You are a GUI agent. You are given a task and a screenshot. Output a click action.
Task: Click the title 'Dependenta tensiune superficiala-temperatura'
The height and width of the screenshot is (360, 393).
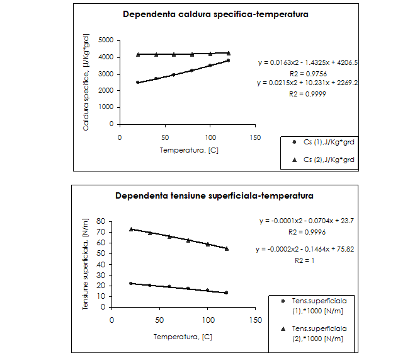(x=214, y=195)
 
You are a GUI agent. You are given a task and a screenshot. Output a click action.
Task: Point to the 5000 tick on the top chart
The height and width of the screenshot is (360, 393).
(x=106, y=40)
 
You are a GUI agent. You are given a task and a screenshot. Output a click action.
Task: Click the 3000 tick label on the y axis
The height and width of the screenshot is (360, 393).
(x=106, y=74)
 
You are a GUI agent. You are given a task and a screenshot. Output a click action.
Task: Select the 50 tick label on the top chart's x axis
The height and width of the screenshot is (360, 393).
(x=165, y=138)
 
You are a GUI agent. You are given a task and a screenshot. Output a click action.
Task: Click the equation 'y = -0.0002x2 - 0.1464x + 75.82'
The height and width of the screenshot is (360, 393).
(x=305, y=249)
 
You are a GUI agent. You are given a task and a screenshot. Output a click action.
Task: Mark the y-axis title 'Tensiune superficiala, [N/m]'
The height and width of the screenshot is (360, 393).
(x=86, y=264)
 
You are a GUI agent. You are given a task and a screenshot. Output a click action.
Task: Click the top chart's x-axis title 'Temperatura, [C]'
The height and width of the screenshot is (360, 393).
(x=188, y=151)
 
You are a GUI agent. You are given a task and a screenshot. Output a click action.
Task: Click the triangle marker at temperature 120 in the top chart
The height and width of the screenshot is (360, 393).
(x=228, y=54)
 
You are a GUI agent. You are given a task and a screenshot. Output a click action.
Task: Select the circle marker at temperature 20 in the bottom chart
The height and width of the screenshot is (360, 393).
(x=131, y=284)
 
